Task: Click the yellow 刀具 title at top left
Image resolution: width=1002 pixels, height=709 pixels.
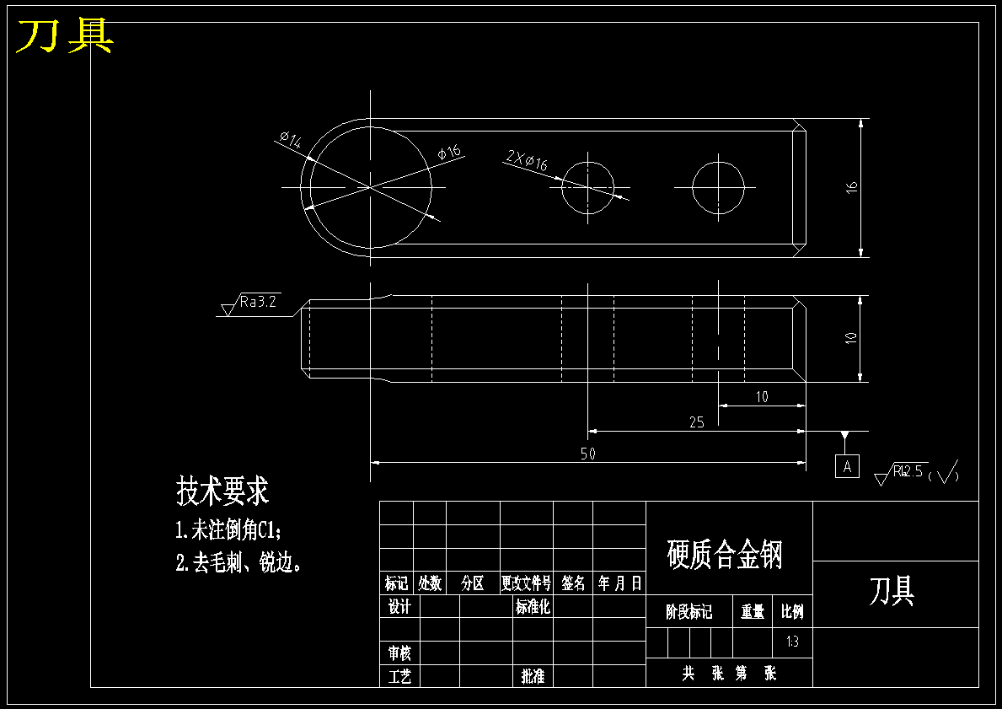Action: pyautogui.click(x=65, y=36)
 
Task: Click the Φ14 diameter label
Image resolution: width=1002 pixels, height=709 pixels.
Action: pyautogui.click(x=290, y=140)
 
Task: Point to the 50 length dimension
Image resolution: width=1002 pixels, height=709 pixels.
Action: pyautogui.click(x=587, y=454)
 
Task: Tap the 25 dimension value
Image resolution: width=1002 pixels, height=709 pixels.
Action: pyautogui.click(x=696, y=422)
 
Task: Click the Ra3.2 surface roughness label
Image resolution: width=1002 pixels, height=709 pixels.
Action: pyautogui.click(x=258, y=301)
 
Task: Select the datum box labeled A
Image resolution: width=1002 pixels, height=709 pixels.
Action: pyautogui.click(x=847, y=465)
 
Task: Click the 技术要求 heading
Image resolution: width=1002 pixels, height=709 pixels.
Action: pyautogui.click(x=222, y=489)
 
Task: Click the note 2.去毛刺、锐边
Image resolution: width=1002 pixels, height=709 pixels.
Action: pyautogui.click(x=238, y=562)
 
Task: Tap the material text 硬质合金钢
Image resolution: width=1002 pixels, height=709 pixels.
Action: pyautogui.click(x=725, y=555)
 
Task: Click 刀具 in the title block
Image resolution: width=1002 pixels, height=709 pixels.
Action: pyautogui.click(x=892, y=592)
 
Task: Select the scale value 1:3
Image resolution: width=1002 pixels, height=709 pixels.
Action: pyautogui.click(x=792, y=642)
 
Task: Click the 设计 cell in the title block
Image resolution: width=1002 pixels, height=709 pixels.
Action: pyautogui.click(x=399, y=606)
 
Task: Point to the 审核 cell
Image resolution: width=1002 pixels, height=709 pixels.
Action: pyautogui.click(x=399, y=653)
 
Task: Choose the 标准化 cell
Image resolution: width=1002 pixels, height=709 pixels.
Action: pyautogui.click(x=532, y=606)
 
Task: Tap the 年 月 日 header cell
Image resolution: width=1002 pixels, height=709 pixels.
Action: pyautogui.click(x=619, y=583)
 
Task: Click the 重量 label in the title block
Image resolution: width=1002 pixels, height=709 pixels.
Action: pyautogui.click(x=753, y=612)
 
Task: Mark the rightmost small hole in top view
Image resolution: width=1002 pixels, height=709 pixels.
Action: pyautogui.click(x=719, y=186)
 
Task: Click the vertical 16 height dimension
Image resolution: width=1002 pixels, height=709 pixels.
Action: pyautogui.click(x=851, y=186)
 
